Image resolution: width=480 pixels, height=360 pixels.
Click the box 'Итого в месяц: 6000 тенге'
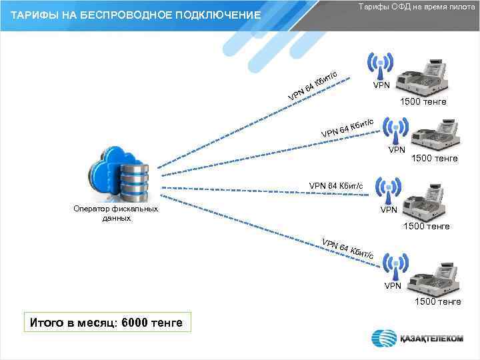[105, 323]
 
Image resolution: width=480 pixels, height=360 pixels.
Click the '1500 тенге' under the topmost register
[423, 102]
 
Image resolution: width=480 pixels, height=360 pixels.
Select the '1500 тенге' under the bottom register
[437, 302]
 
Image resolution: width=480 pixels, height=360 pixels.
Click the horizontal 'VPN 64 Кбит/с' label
[336, 185]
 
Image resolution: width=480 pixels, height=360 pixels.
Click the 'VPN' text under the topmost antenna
[381, 86]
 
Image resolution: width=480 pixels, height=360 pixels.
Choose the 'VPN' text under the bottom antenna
[393, 286]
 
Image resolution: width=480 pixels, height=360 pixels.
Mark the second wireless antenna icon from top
[397, 131]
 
